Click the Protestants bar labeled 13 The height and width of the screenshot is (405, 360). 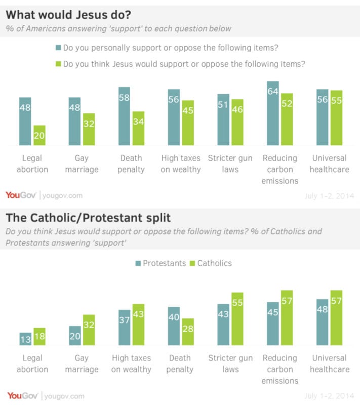coord(25,339)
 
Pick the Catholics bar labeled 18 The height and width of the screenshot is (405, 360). coord(39,337)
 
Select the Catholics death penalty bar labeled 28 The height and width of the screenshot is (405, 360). coord(188,332)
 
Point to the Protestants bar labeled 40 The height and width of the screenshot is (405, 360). coord(174,326)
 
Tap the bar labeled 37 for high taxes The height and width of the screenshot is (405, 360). coord(124,328)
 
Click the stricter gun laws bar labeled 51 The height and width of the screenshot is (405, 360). coord(223,120)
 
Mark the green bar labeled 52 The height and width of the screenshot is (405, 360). coord(287,119)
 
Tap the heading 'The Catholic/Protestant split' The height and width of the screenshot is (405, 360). coord(88,218)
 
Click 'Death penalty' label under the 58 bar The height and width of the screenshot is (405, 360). coord(131,164)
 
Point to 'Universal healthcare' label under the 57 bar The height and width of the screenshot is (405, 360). coord(330,363)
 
